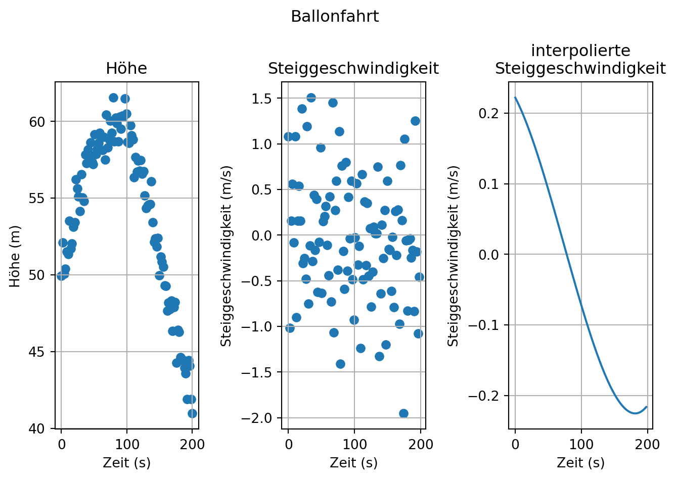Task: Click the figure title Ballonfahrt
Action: pos(335,17)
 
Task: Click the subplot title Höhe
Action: pos(126,68)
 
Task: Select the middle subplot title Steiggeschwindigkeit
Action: pos(353,68)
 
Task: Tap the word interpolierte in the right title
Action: pos(580,51)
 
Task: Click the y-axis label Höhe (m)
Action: pos(16,256)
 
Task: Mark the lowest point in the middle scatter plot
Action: pos(403,413)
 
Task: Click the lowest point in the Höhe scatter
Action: pos(192,413)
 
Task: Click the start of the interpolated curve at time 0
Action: pos(515,98)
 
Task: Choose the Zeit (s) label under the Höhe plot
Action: pos(126,462)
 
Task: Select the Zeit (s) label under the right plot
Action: pos(580,462)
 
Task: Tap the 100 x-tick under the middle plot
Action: pos(354,445)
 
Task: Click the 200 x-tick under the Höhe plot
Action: pos(193,445)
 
